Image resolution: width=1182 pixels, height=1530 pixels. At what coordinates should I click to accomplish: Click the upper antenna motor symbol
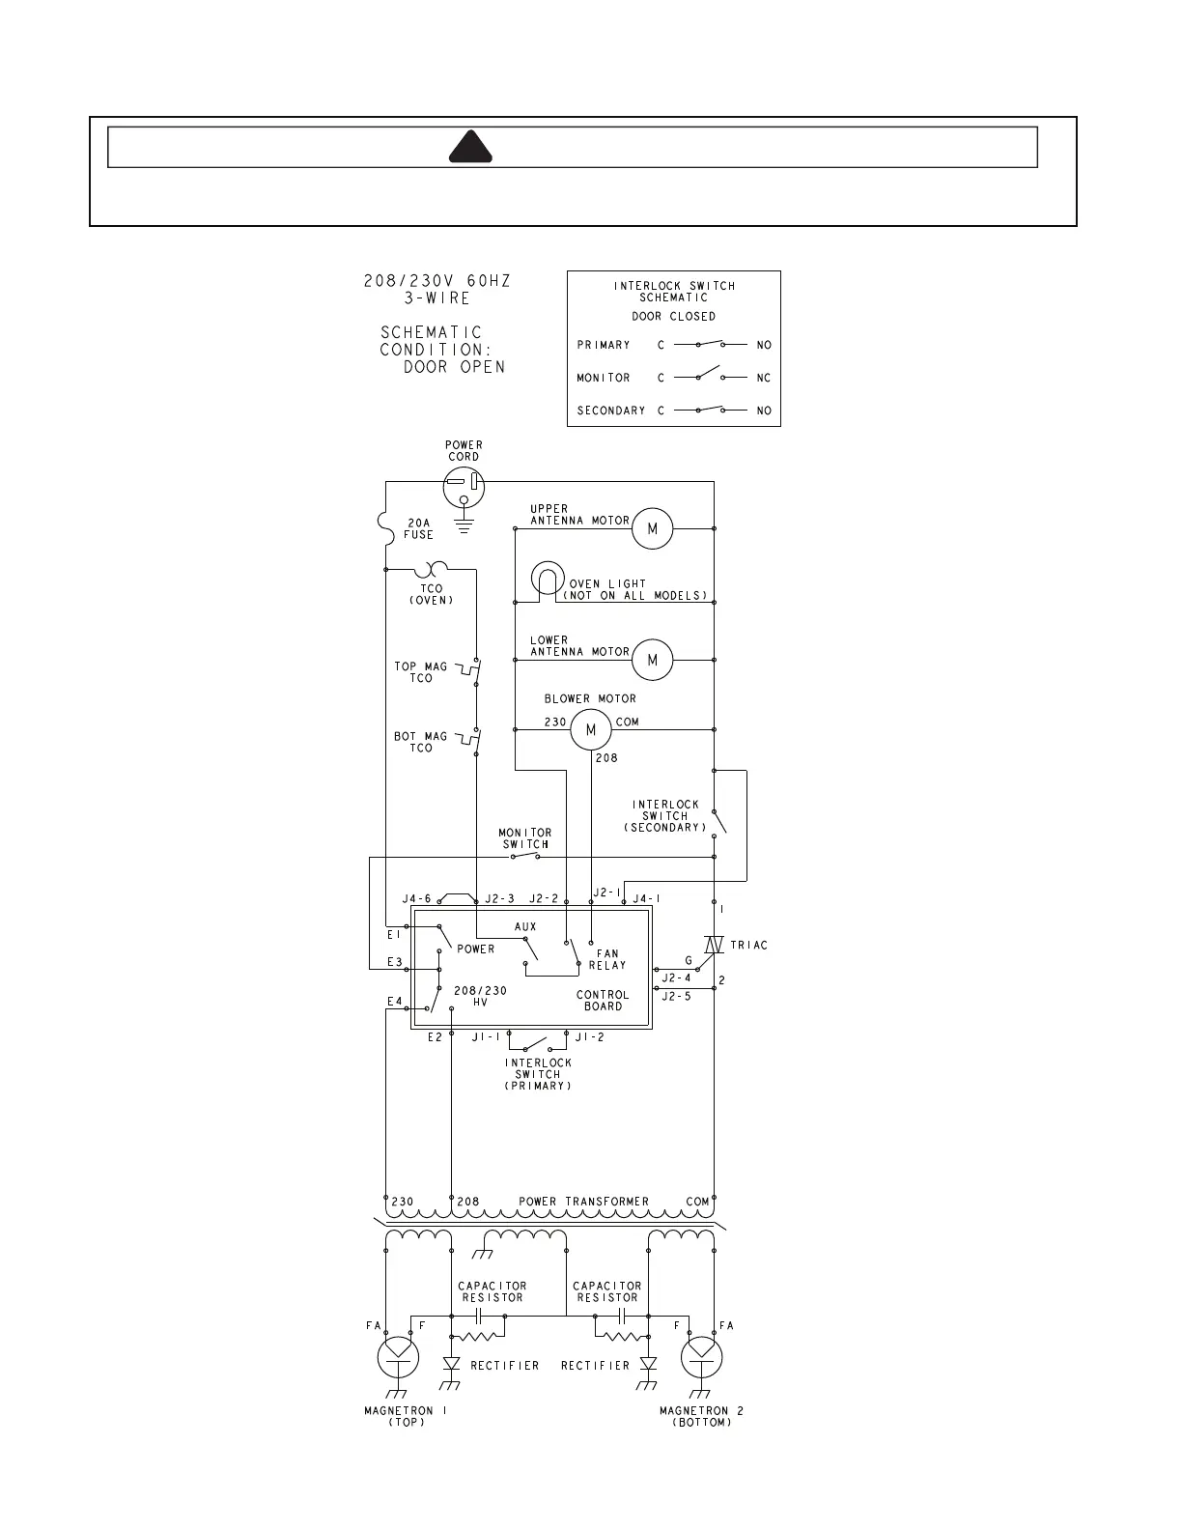pos(653,528)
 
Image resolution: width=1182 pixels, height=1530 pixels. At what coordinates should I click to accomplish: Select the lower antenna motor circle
pos(653,660)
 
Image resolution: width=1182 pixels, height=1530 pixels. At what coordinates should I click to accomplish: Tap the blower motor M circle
pos(591,730)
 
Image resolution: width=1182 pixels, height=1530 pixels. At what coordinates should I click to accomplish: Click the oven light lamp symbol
pos(547,580)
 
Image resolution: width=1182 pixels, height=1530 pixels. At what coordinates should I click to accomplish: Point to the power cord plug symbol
pos(464,486)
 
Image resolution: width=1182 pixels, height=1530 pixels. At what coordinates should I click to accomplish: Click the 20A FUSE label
pos(418,528)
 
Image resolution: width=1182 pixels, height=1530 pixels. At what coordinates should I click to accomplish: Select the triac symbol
pos(714,945)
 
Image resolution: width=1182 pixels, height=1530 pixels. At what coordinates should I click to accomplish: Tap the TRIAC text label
pos(748,945)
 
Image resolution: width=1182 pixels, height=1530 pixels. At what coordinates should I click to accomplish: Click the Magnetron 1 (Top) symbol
pos(398,1358)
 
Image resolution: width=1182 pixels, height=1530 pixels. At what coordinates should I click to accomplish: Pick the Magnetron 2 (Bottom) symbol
pos(701,1358)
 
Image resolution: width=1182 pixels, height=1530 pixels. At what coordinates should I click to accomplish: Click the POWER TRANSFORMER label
pos(583,1202)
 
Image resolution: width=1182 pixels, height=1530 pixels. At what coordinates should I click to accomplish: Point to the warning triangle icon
pos(471,148)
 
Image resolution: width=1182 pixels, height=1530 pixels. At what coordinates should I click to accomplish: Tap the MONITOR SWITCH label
pos(525,838)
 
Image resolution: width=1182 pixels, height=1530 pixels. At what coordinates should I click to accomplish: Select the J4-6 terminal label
pos(416,899)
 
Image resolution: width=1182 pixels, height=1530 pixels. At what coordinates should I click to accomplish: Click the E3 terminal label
pos(394,962)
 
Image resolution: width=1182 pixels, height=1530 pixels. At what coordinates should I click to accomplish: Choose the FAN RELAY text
pos(607,959)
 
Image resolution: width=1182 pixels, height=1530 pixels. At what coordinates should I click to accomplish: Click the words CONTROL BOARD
pos(603,1001)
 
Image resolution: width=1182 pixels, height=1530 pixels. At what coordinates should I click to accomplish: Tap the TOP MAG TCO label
pos(421,672)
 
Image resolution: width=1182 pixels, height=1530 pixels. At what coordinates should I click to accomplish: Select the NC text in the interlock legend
pos(764,378)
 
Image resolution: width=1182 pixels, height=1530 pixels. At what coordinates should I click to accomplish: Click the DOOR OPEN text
pos(454,367)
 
